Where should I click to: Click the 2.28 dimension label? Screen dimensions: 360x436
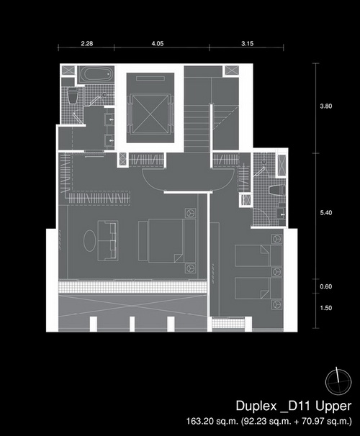click(x=87, y=43)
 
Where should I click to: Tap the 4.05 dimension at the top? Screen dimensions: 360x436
click(x=158, y=43)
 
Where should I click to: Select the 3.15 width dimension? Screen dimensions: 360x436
click(x=248, y=43)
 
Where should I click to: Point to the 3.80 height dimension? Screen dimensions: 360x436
click(x=325, y=106)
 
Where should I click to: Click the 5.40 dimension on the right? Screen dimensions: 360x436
click(x=325, y=213)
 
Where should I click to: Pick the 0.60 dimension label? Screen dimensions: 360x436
click(x=325, y=286)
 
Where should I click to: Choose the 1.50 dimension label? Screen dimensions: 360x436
click(x=325, y=308)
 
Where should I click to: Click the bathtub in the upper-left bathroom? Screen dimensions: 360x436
click(x=96, y=74)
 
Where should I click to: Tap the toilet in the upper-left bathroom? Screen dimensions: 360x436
click(x=73, y=96)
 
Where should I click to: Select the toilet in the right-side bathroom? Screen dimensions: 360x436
click(x=276, y=190)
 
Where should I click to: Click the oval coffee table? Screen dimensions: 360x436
click(x=90, y=241)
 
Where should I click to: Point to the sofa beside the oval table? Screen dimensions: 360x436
click(x=108, y=241)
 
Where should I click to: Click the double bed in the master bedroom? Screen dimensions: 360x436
click(x=167, y=241)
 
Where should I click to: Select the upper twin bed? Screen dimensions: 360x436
click(x=258, y=255)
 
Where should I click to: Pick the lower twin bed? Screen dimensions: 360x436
click(x=258, y=289)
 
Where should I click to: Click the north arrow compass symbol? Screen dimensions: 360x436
click(x=338, y=382)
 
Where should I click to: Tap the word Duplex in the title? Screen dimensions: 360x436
click(x=256, y=407)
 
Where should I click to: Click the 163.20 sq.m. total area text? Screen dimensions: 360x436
click(x=212, y=421)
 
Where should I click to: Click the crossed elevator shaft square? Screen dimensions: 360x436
click(x=150, y=114)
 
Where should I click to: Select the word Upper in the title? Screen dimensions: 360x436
click(x=333, y=407)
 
